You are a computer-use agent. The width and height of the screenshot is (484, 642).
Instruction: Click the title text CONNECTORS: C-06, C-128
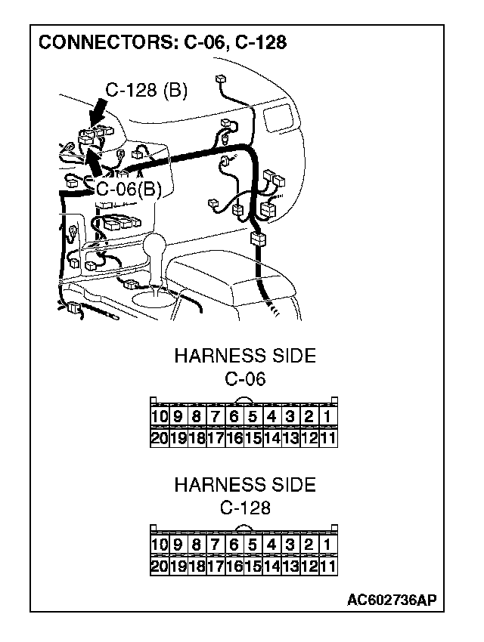coord(162,42)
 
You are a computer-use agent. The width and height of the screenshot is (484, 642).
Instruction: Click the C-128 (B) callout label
coord(146,91)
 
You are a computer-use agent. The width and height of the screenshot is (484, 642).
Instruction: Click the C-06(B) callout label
coord(129,188)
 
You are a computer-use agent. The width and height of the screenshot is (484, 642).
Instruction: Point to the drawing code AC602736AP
coord(391,600)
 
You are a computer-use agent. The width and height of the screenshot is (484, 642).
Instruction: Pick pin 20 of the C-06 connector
coord(159,437)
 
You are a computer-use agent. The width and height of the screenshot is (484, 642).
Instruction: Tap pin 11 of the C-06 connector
coord(327,437)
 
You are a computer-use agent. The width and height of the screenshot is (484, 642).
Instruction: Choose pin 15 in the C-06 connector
coord(253,437)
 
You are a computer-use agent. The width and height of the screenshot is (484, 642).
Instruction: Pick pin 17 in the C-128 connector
coord(215,566)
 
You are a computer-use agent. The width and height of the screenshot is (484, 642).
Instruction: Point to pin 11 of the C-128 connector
coord(327,566)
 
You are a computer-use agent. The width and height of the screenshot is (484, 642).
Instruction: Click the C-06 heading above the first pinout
coord(245,378)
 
